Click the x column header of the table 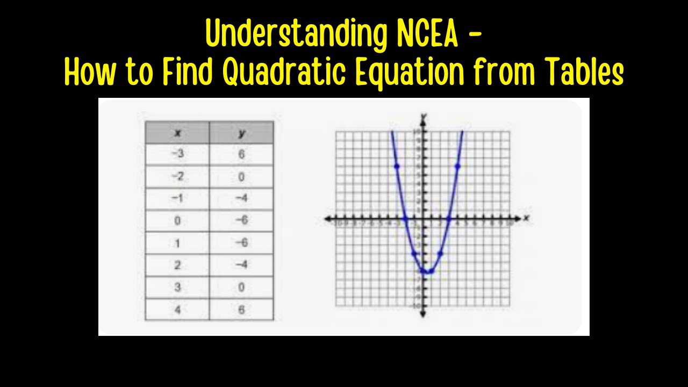[x=177, y=132]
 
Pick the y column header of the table [x=242, y=132]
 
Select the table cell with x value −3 [x=177, y=154]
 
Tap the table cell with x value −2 [x=177, y=177]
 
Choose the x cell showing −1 [x=177, y=199]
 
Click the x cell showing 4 [x=177, y=310]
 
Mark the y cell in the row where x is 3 [x=242, y=287]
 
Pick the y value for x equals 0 [x=242, y=221]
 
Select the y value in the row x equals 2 [x=242, y=265]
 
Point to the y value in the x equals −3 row [x=242, y=154]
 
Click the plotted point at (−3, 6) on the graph [x=397, y=166]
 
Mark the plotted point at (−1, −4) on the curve [x=414, y=253]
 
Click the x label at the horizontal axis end [x=527, y=218]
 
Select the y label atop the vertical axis [x=424, y=116]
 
